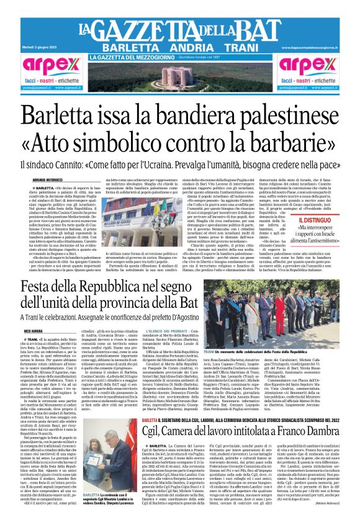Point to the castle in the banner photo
(x=179, y=77)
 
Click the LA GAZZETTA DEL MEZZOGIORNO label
(x=125, y=58)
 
